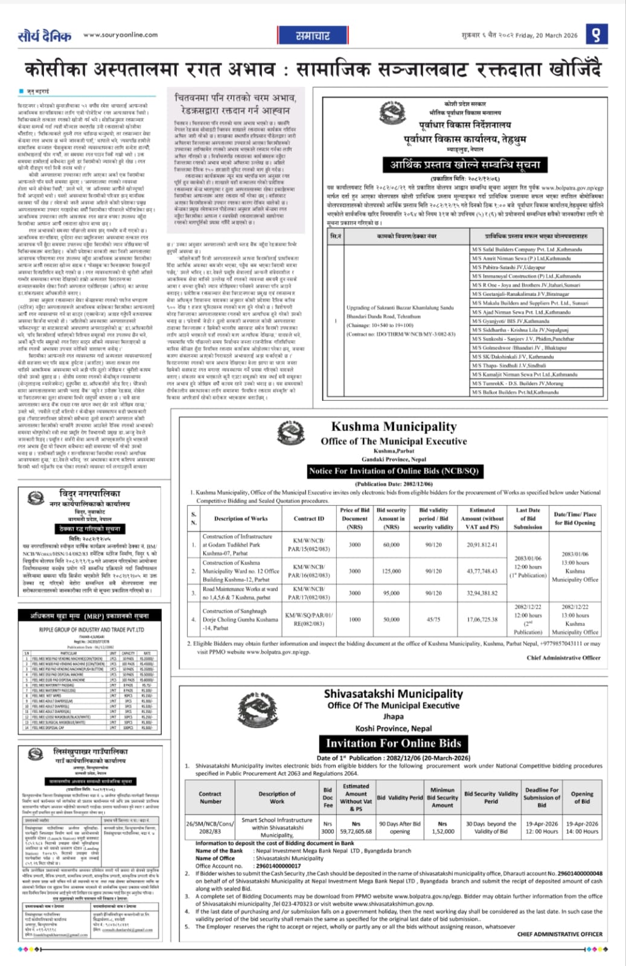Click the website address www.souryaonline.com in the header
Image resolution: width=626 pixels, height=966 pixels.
click(120, 35)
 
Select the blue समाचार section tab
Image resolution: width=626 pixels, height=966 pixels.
click(313, 36)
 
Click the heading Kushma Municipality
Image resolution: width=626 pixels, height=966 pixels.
click(394, 427)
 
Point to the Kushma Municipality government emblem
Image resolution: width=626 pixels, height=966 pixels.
click(289, 433)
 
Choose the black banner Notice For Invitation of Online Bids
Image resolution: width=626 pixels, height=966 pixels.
click(394, 471)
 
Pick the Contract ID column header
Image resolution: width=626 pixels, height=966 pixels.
click(308, 519)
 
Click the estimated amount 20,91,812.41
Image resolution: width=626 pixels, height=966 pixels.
click(482, 545)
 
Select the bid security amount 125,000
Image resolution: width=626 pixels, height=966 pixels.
click(391, 571)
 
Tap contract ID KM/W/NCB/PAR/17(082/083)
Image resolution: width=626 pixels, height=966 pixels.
click(308, 593)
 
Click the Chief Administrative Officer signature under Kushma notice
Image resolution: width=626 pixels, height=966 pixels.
click(563, 657)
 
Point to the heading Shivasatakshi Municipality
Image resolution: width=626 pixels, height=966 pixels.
click(393, 694)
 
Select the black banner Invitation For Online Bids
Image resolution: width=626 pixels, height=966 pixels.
click(393, 743)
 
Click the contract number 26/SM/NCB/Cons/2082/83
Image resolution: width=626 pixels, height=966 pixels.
click(210, 827)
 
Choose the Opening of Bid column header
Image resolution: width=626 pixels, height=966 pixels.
click(582, 797)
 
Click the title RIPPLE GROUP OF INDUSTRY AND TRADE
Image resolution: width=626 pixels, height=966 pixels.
click(91, 629)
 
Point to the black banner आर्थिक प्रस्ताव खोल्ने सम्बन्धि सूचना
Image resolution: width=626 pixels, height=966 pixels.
click(464, 165)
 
